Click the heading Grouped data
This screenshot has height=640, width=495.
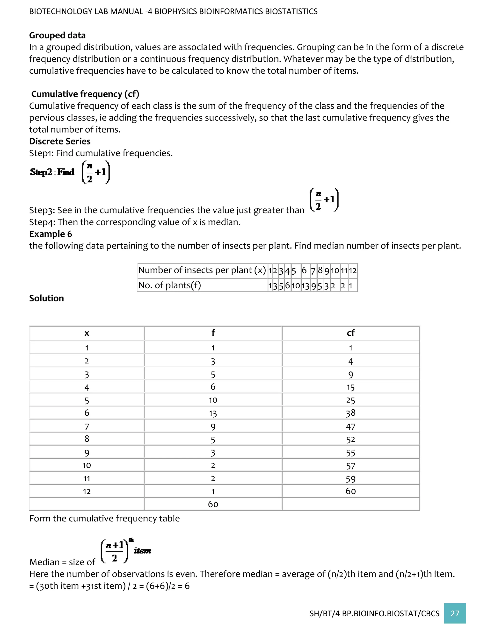(58, 35)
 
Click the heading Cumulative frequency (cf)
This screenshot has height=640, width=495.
(85, 94)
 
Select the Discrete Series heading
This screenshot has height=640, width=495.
(60, 141)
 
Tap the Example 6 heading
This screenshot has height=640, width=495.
(51, 234)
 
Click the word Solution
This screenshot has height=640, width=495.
(46, 298)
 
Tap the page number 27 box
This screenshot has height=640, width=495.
(455, 613)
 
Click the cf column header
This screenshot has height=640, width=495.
(350, 333)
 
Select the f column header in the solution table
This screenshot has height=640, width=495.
(213, 333)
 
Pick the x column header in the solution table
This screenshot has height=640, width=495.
(87, 333)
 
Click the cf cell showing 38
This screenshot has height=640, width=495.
(350, 413)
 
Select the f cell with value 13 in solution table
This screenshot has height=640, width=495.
(213, 413)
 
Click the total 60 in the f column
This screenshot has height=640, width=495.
(213, 504)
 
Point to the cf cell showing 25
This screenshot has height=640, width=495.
(350, 400)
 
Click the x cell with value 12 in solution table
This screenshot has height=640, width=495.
(87, 491)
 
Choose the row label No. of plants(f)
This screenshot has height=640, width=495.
(169, 285)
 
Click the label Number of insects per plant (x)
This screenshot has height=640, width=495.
(202, 270)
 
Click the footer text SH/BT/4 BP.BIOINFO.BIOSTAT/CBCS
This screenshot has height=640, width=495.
(374, 614)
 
